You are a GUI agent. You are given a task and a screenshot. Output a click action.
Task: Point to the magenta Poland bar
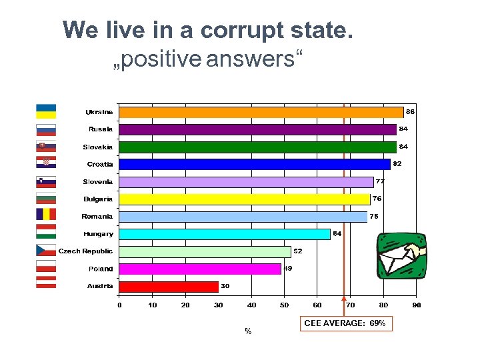(x=200, y=269)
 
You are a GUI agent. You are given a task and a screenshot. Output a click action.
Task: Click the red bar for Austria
(x=169, y=287)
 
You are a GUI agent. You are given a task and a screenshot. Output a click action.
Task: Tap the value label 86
(x=411, y=111)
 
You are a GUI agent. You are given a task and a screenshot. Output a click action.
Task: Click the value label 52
(x=298, y=251)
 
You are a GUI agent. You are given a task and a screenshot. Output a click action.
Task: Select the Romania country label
(x=97, y=217)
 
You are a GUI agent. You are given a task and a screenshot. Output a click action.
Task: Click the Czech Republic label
(x=86, y=251)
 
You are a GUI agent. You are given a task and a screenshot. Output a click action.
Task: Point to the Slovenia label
(x=98, y=181)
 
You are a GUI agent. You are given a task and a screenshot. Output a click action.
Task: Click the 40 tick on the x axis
(x=251, y=305)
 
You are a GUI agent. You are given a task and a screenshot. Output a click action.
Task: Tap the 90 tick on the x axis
(x=416, y=305)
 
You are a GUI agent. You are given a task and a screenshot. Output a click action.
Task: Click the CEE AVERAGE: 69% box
(x=345, y=323)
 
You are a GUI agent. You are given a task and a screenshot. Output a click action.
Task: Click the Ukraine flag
(x=46, y=111)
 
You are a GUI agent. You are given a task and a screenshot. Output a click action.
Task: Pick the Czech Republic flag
(x=46, y=250)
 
